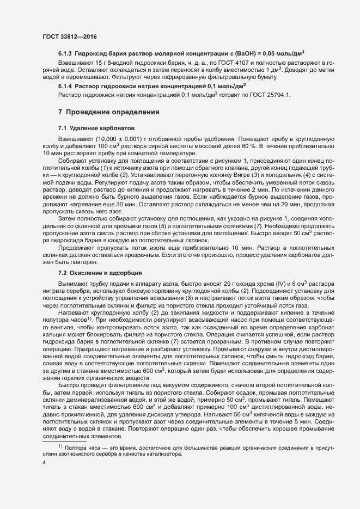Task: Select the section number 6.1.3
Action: tap(66, 53)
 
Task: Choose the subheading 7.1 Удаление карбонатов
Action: tap(95, 127)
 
